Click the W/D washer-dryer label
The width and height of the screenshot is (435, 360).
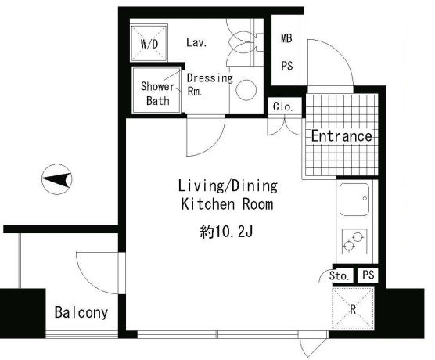[149, 44]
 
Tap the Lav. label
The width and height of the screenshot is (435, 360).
[196, 42]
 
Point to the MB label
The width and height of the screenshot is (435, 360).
[286, 38]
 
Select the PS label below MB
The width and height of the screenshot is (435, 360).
[287, 66]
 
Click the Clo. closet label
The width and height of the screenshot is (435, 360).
[283, 106]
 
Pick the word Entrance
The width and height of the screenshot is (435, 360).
[342, 135]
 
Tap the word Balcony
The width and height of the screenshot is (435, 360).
[81, 312]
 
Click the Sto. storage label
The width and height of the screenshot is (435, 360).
[339, 275]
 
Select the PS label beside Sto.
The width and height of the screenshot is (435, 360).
[368, 275]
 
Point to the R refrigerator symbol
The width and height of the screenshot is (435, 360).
[353, 309]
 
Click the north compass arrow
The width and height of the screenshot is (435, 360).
[56, 179]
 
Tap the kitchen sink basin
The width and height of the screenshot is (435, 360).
[354, 200]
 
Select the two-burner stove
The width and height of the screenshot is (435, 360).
[354, 241]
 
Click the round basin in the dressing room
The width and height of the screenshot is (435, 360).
[246, 90]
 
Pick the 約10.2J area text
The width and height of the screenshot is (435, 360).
[226, 232]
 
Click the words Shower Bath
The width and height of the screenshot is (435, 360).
[157, 93]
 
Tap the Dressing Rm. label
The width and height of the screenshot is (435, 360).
[210, 85]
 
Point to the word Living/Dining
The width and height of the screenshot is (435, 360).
[228, 185]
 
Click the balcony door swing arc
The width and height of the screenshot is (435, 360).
[88, 281]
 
